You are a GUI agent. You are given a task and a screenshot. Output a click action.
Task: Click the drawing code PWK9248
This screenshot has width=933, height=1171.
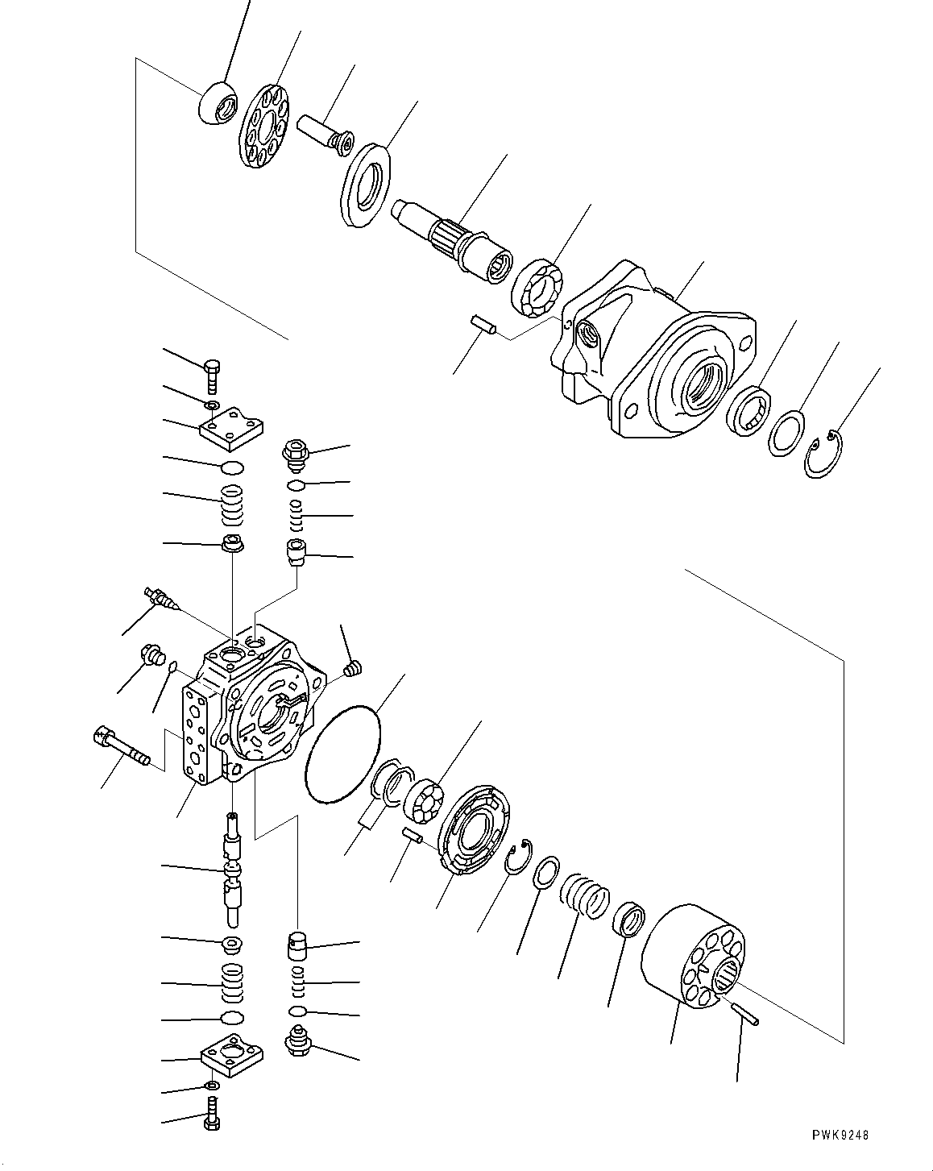click(x=840, y=1134)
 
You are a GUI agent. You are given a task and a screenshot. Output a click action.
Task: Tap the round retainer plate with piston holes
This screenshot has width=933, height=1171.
click(x=267, y=127)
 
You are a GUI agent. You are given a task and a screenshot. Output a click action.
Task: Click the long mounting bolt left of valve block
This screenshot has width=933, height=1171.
click(x=122, y=746)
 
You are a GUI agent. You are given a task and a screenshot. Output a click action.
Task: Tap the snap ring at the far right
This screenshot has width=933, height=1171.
click(x=823, y=455)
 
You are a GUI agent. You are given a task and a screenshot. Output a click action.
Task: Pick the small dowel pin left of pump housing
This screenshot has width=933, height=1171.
click(x=485, y=324)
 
